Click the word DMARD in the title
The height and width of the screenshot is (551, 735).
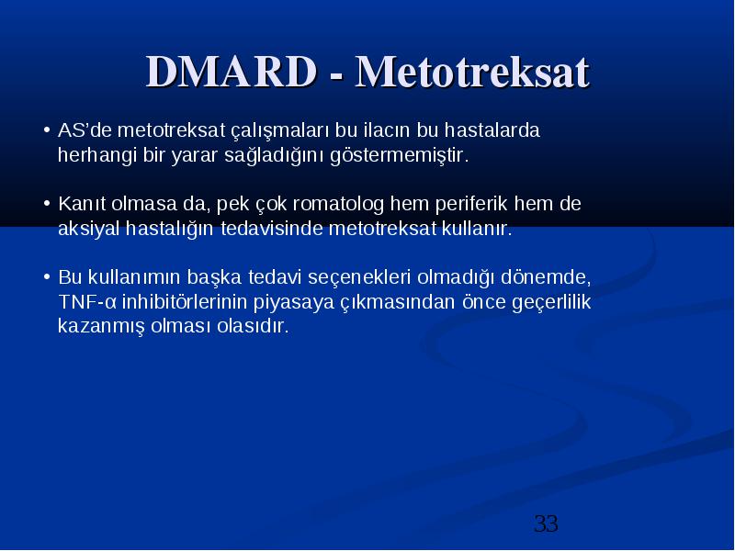(232, 72)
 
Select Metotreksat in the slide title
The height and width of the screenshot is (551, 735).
(472, 72)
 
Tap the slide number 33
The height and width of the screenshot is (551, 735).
(546, 523)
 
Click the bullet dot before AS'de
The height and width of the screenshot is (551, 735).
(47, 129)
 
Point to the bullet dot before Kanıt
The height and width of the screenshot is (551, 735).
(47, 203)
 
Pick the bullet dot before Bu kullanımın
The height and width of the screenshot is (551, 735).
(47, 276)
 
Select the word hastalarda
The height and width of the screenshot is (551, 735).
(492, 129)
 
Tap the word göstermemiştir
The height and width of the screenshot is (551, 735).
(400, 155)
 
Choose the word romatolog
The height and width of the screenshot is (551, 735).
(338, 205)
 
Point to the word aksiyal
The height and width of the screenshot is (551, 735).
(88, 230)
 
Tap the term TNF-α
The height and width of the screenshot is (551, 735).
(86, 302)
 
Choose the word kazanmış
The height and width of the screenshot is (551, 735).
(101, 327)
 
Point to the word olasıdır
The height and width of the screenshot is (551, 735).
(253, 326)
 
